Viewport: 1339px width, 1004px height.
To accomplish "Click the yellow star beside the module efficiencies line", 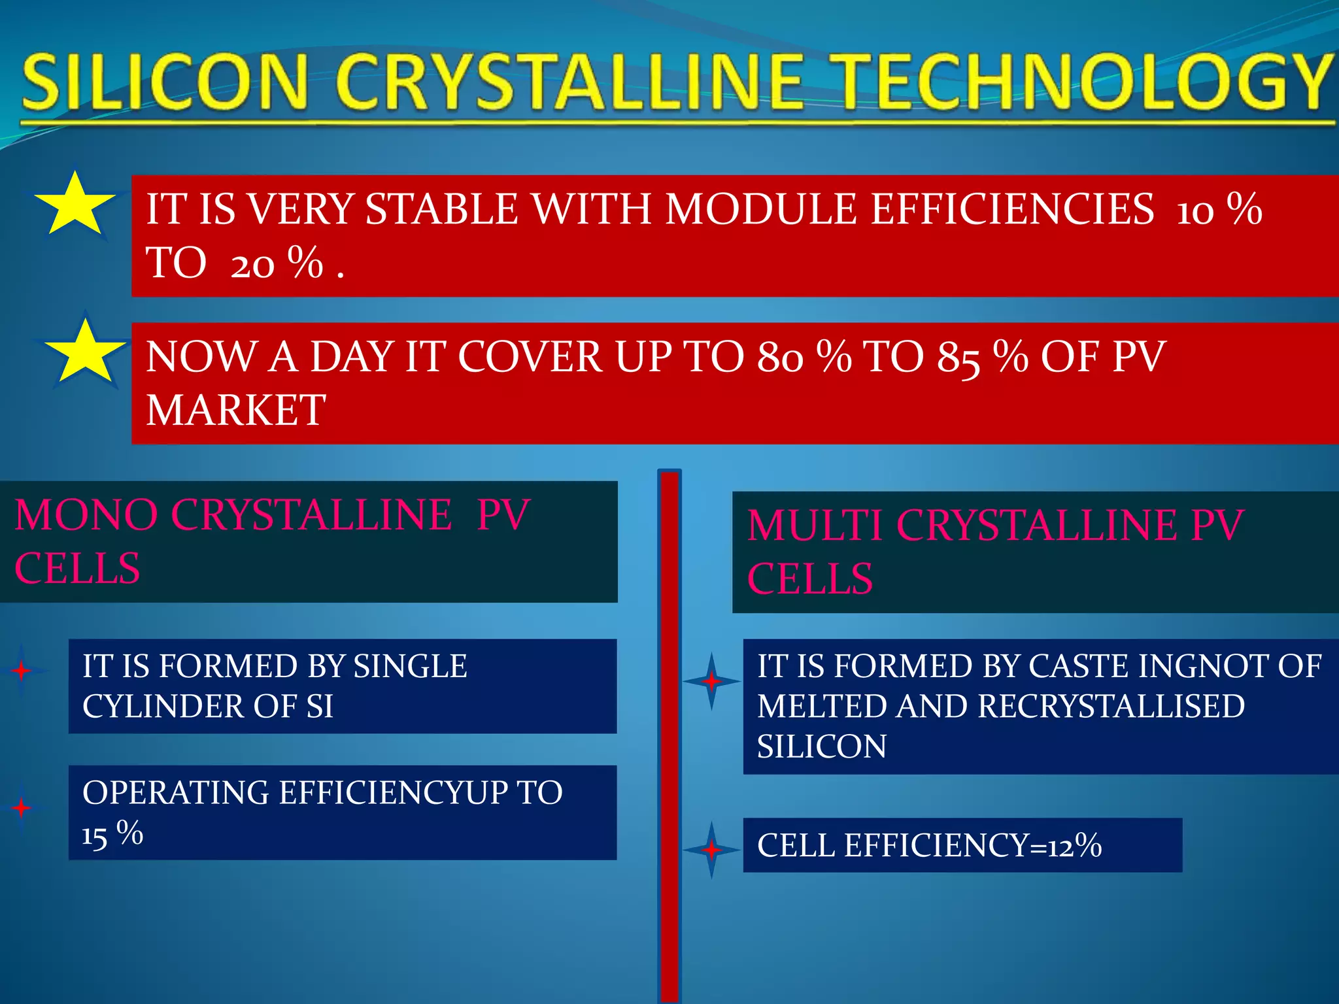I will (x=75, y=205).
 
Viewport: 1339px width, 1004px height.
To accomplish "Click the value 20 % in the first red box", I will (x=277, y=263).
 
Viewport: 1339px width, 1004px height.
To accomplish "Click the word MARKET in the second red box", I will (x=235, y=410).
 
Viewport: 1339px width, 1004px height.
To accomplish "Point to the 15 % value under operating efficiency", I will (x=112, y=834).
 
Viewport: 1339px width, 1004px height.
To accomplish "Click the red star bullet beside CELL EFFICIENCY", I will (x=711, y=850).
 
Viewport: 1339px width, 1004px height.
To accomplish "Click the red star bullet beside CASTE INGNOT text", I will (x=711, y=681).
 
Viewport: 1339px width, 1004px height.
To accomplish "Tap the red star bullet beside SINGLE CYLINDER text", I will (x=22, y=671).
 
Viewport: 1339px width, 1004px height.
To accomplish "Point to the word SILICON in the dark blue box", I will (x=821, y=746).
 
